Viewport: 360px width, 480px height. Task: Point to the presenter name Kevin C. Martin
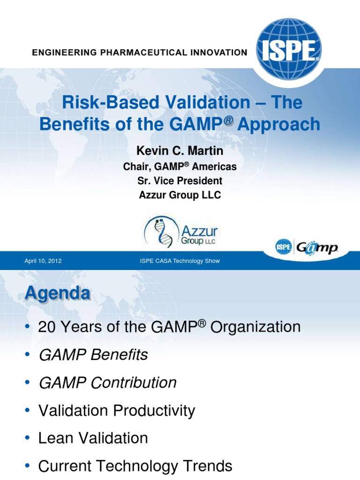(x=180, y=151)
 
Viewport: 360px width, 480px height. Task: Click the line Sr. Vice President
(x=180, y=180)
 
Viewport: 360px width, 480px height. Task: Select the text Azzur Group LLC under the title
(x=180, y=195)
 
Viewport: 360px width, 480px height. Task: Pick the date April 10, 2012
(x=43, y=261)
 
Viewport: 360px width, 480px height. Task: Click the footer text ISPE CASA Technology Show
(x=180, y=261)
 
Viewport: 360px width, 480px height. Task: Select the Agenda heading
(x=57, y=293)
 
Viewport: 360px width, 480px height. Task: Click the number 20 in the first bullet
(x=47, y=327)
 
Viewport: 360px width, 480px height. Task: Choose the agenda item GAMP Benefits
(x=93, y=355)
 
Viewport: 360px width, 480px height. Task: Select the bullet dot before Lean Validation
(x=28, y=439)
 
